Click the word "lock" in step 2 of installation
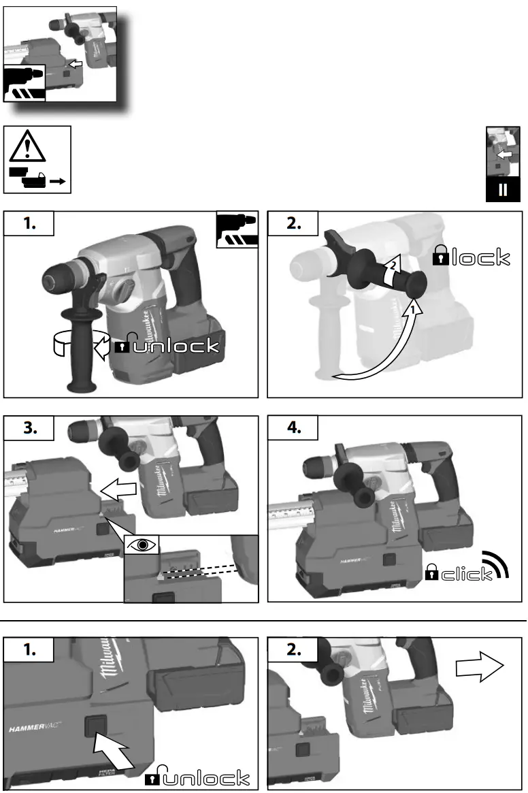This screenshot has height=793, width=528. click(480, 257)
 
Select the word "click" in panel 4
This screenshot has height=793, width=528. click(467, 574)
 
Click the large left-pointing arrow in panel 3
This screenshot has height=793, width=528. click(121, 488)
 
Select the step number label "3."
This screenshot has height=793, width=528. click(29, 428)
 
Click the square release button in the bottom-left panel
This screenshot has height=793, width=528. click(96, 727)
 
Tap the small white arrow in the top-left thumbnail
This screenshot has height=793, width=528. click(77, 63)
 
